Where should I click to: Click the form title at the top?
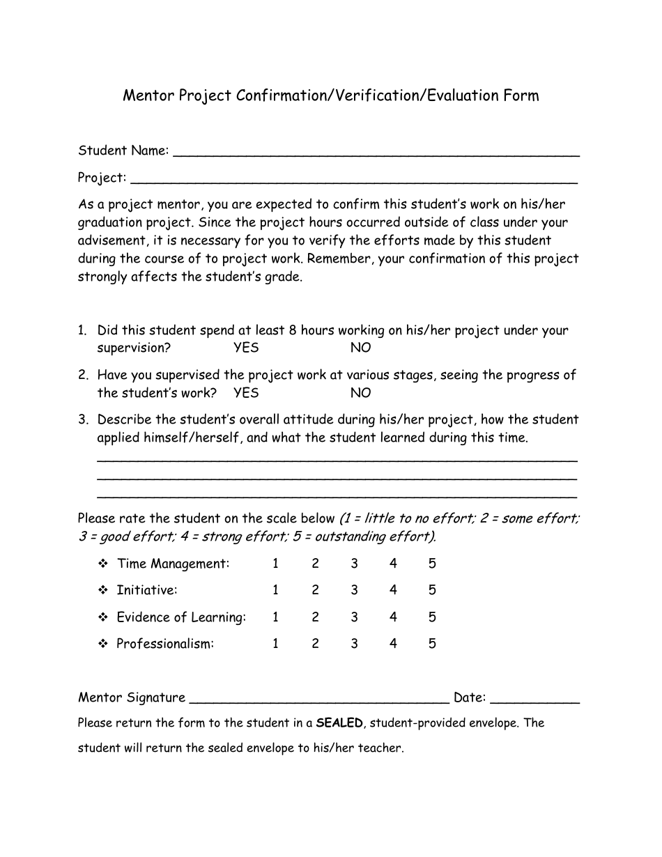[330, 95]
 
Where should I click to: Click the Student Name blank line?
[376, 153]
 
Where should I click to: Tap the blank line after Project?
[353, 180]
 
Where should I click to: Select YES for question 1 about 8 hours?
[246, 348]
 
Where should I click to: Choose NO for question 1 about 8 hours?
[360, 348]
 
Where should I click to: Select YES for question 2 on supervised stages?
[246, 393]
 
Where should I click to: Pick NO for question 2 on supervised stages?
[360, 393]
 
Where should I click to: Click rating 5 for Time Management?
[432, 564]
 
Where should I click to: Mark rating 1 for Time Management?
[275, 564]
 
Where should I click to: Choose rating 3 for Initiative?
[354, 590]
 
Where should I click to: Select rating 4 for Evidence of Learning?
[393, 617]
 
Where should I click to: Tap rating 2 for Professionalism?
[315, 644]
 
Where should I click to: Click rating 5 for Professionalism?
[432, 644]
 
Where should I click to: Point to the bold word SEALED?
[339, 723]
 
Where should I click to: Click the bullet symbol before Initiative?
[102, 590]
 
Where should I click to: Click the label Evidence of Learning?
[180, 617]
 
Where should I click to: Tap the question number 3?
[82, 419]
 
